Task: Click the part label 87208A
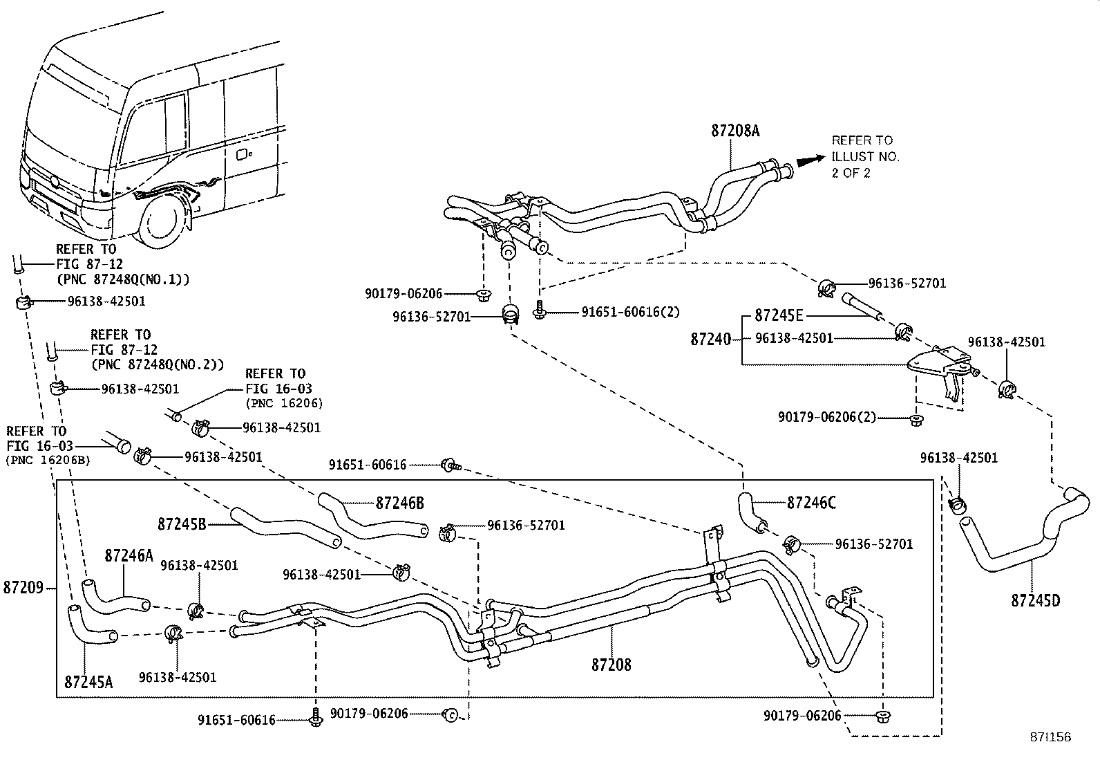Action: click(x=735, y=131)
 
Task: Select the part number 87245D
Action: click(x=1035, y=600)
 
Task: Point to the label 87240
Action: click(x=710, y=339)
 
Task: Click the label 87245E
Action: click(x=779, y=315)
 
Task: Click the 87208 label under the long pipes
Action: click(x=611, y=665)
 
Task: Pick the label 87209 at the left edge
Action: click(x=23, y=588)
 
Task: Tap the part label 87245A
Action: click(x=88, y=682)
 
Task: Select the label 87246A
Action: click(x=129, y=555)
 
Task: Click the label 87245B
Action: click(x=181, y=523)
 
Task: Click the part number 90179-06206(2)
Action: click(x=826, y=417)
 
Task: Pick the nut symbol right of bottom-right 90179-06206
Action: click(x=882, y=715)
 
